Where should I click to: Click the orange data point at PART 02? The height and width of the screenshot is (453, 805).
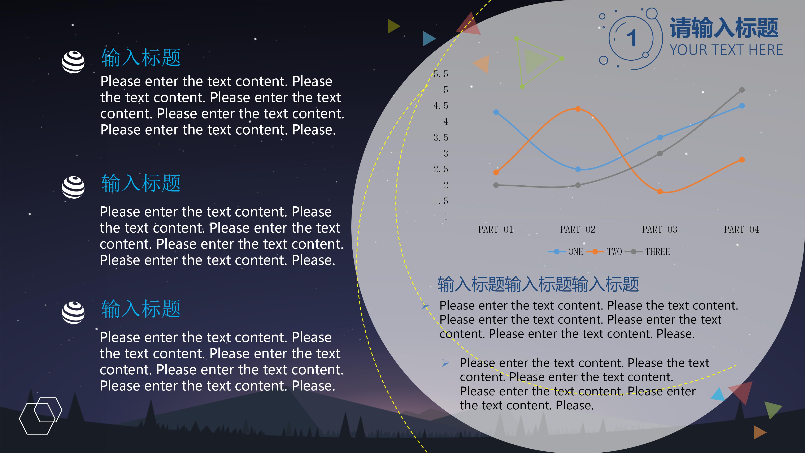coord(578,109)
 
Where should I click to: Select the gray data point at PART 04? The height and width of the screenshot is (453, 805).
coord(741,90)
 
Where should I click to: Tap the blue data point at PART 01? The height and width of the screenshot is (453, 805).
coord(496,112)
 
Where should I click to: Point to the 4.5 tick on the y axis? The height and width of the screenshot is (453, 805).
coord(441,106)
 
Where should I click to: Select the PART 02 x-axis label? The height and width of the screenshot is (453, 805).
coord(578,229)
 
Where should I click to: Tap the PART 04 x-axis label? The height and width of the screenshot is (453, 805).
coord(741,229)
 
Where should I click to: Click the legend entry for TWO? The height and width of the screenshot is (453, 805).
coord(604,252)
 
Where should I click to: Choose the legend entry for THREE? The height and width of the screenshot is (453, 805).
coord(647,252)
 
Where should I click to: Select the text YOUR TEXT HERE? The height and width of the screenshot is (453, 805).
coord(726,50)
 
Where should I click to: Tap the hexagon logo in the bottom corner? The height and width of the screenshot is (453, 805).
coord(41,416)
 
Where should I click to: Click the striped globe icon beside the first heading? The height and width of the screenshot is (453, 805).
coord(73,62)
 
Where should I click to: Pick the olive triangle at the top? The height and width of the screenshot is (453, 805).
coord(394,26)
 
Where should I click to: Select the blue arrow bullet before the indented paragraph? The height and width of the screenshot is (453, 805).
coord(445,363)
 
